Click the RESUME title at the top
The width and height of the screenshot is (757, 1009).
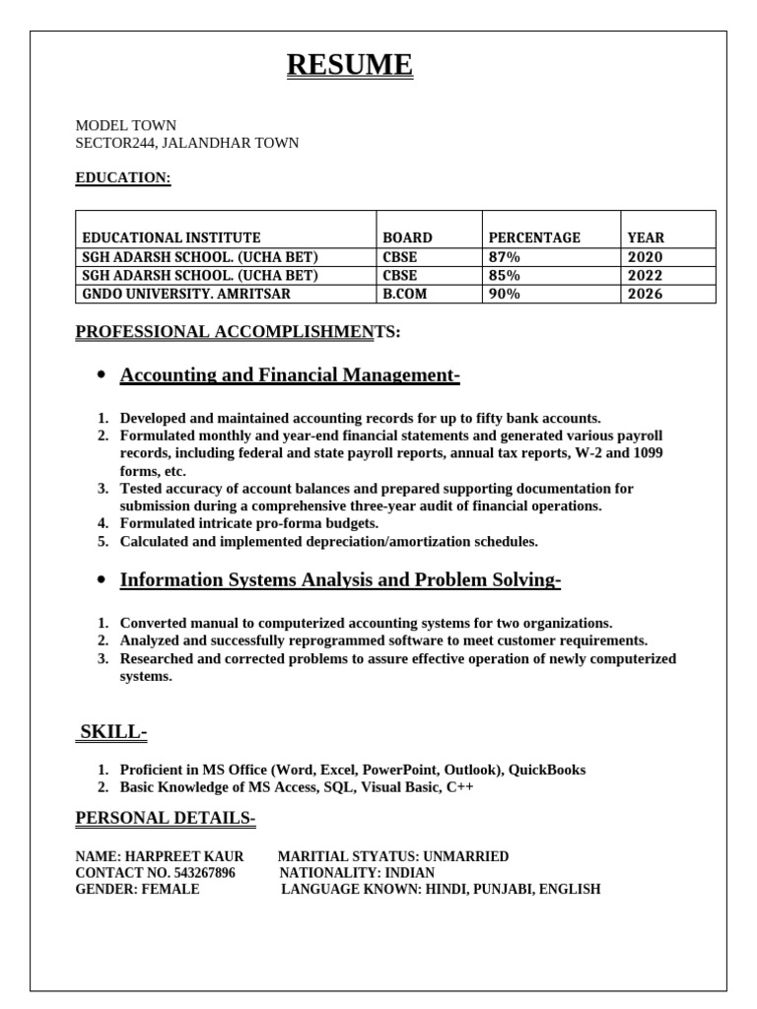350,65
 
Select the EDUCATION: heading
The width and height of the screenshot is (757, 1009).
123,177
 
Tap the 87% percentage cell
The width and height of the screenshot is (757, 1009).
505,257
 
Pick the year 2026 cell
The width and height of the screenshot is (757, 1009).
646,294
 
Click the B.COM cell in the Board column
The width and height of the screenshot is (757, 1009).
405,294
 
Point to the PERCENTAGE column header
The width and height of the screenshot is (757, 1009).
534,237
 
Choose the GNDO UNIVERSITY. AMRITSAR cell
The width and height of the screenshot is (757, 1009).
186,294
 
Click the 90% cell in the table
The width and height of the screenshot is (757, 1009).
505,294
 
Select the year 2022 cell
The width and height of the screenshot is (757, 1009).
646,276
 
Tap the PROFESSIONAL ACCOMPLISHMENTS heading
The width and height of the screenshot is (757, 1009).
238,332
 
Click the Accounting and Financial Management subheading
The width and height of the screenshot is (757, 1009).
290,374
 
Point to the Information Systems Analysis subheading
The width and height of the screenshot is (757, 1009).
340,579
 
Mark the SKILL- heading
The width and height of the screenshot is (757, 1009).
113,731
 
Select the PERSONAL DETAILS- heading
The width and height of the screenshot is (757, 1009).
166,819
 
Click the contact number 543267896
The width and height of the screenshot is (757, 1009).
201,873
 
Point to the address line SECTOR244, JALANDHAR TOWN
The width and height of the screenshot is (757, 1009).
187,143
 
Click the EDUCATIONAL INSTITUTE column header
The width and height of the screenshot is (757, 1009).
172,237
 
